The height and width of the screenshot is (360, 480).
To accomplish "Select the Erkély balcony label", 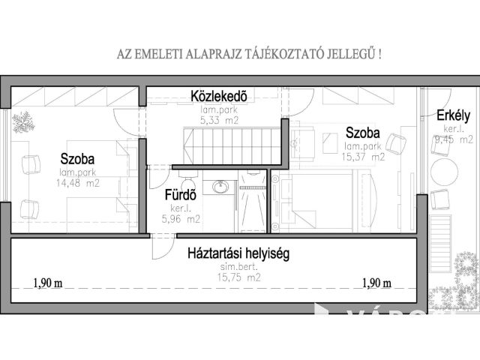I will click(x=453, y=115).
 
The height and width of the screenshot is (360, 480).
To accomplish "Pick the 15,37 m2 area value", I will click(x=364, y=157).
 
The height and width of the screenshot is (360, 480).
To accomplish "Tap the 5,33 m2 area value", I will click(x=219, y=118).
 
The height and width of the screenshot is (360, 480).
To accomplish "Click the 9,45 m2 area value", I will click(x=453, y=139).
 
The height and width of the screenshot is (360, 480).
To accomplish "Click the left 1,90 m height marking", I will click(x=46, y=283).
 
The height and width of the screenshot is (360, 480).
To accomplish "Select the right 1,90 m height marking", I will click(x=376, y=283).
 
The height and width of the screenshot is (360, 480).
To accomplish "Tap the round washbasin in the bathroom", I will click(x=220, y=186).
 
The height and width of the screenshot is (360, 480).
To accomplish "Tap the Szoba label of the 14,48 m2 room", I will click(x=78, y=158).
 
